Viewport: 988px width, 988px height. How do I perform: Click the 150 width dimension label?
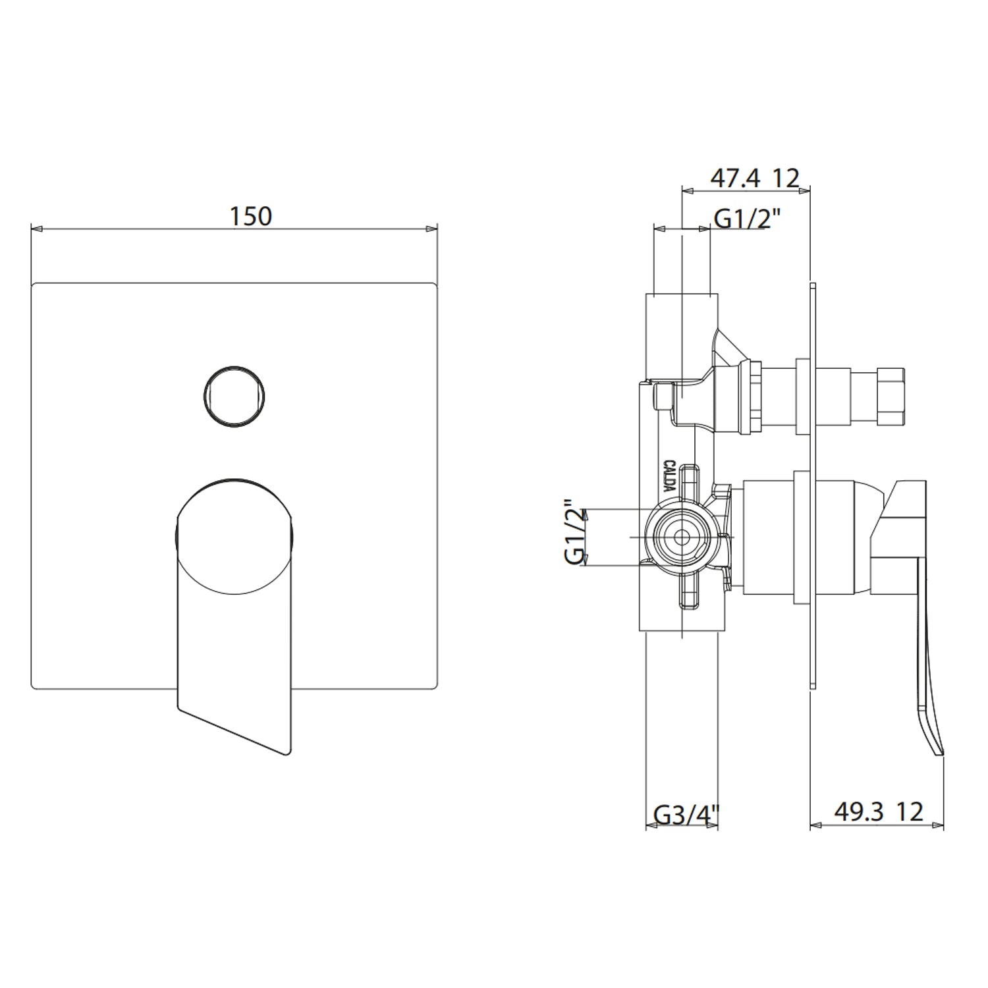(250, 216)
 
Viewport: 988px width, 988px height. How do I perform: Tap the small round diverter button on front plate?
(234, 396)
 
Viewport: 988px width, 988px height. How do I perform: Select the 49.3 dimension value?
(858, 811)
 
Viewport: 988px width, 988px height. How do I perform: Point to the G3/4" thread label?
(684, 815)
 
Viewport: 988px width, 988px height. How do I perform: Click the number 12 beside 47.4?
(786, 178)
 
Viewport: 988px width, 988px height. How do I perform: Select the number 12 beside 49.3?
(910, 811)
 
